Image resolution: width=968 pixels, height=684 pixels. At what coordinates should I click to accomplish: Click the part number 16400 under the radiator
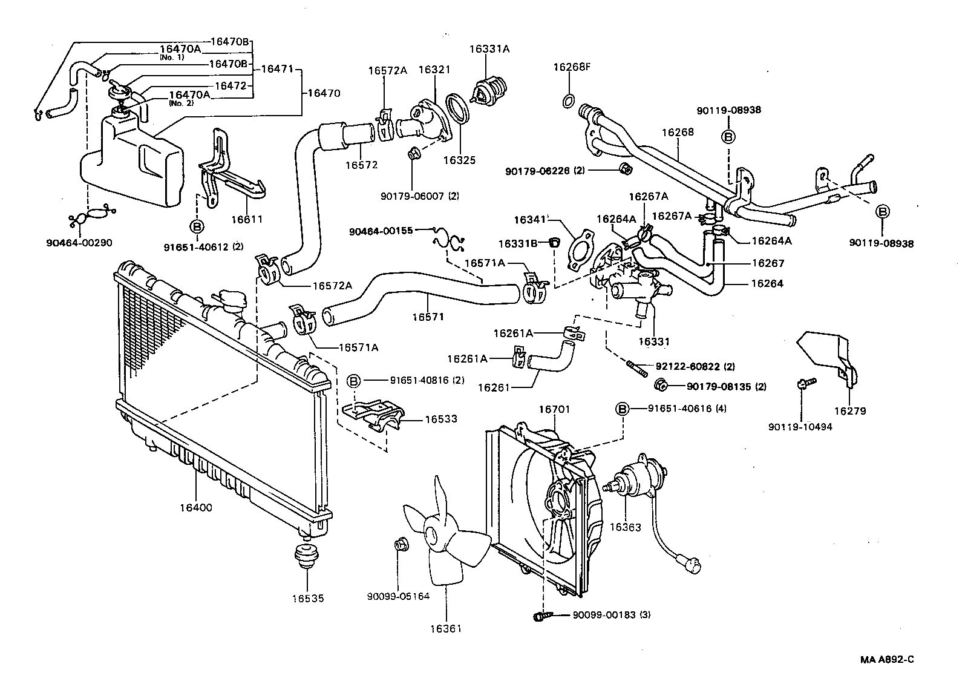(x=195, y=508)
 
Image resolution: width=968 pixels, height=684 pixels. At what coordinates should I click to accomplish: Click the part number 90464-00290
(x=79, y=243)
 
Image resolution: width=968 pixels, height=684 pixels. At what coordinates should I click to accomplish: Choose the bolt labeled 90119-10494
(x=806, y=383)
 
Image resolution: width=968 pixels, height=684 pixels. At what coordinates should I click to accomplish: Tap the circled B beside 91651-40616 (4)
(x=623, y=409)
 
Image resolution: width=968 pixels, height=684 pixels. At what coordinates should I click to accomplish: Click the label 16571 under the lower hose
(x=428, y=316)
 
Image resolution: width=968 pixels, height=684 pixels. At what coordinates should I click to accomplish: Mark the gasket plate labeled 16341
(x=580, y=246)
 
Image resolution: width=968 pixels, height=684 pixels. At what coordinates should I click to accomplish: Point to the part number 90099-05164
(x=397, y=596)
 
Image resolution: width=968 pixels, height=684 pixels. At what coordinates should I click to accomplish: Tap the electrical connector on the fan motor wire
(x=691, y=565)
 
